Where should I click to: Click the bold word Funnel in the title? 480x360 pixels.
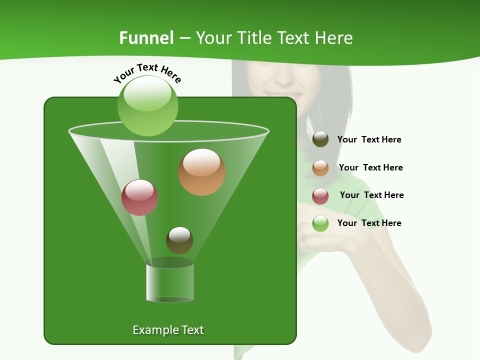(146, 38)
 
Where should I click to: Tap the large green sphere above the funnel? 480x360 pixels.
(147, 105)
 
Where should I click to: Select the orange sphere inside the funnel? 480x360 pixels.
(202, 172)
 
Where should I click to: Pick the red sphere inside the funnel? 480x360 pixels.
(139, 197)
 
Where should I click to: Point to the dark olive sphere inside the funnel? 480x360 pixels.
(179, 240)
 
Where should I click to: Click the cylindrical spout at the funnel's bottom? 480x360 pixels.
(169, 282)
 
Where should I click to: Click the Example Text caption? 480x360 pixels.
(168, 330)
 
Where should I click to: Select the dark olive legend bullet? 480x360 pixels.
(320, 139)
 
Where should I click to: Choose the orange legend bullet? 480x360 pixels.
(320, 168)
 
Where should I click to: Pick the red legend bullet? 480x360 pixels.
(320, 196)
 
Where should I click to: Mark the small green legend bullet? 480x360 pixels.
(320, 223)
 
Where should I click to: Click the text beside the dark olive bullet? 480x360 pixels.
(369, 140)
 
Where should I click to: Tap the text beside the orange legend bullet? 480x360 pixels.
(370, 168)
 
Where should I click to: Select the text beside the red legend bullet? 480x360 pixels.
(371, 195)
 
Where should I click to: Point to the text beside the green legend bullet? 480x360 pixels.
(369, 223)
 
